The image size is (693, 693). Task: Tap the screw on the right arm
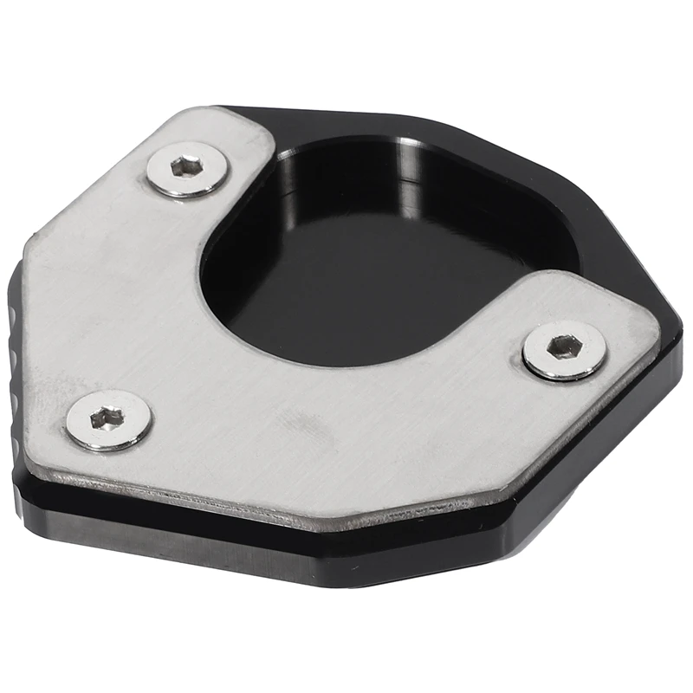pyautogui.click(x=564, y=349)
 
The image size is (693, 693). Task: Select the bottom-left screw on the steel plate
pyautogui.click(x=109, y=420)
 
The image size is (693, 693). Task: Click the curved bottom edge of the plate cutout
pyautogui.click(x=364, y=359)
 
